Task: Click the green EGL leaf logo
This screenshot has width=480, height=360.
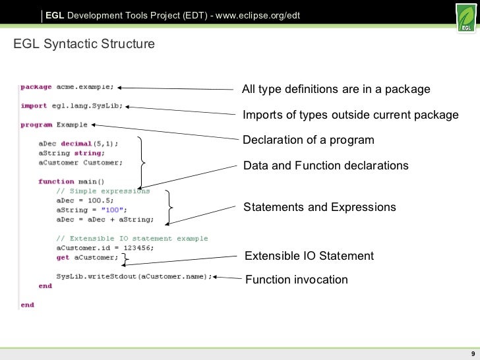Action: pyautogui.click(x=465, y=17)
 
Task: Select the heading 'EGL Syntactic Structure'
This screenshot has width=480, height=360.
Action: pyautogui.click(x=84, y=45)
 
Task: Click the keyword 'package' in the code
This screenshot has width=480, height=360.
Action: pyautogui.click(x=36, y=86)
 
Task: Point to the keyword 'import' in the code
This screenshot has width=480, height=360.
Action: pyautogui.click(x=34, y=105)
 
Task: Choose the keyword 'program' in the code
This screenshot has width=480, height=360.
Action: pyautogui.click(x=36, y=125)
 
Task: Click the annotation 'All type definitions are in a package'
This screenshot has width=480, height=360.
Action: pyautogui.click(x=336, y=90)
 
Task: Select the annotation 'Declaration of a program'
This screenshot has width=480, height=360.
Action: pyautogui.click(x=308, y=140)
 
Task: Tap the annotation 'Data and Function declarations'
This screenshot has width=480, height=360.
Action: pyautogui.click(x=326, y=165)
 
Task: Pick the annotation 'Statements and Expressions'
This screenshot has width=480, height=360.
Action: pyautogui.click(x=320, y=207)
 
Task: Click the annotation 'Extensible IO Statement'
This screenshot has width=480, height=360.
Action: pyautogui.click(x=309, y=256)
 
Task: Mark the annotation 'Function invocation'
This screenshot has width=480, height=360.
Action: pyautogui.click(x=296, y=280)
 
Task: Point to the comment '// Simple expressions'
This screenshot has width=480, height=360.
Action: pyautogui.click(x=103, y=191)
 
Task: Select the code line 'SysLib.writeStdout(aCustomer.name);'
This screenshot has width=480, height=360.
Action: pyautogui.click(x=135, y=277)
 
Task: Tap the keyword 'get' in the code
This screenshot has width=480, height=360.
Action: pyautogui.click(x=63, y=258)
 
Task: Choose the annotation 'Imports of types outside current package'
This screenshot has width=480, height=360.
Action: pyautogui.click(x=350, y=115)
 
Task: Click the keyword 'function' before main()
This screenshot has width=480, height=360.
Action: pyautogui.click(x=56, y=181)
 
